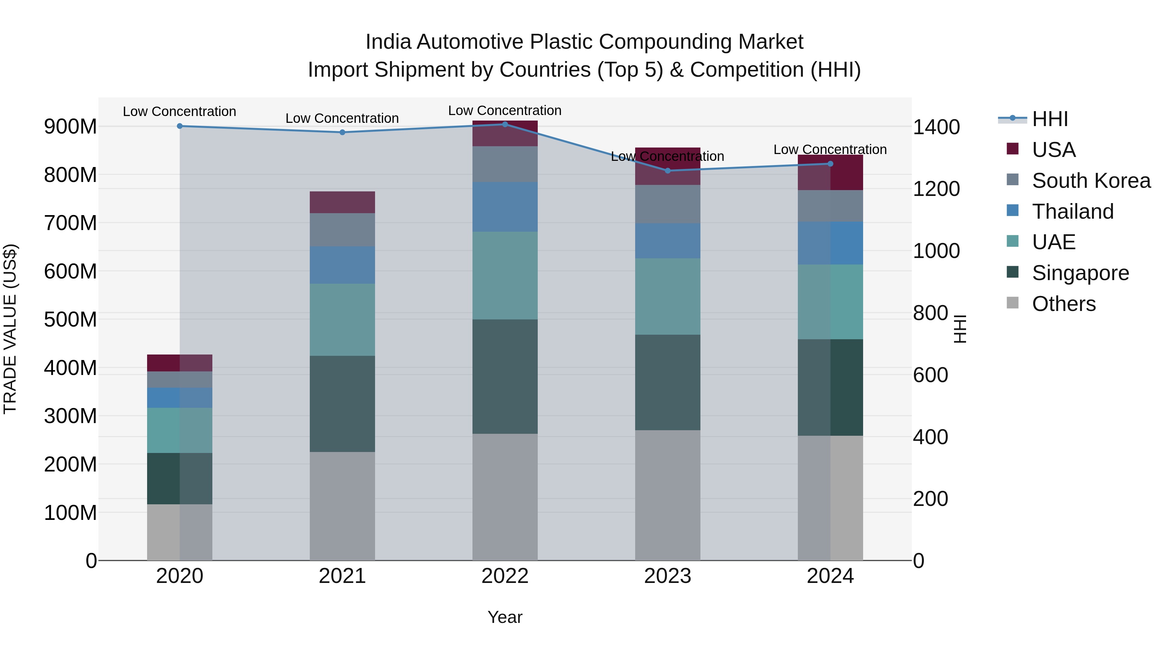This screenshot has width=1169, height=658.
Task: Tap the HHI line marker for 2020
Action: [180, 126]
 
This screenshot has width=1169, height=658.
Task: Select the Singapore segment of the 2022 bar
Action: [505, 377]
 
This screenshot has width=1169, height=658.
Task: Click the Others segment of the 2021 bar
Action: [342, 506]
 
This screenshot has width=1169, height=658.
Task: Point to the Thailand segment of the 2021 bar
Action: [342, 265]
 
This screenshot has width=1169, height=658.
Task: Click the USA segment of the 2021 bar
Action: [342, 202]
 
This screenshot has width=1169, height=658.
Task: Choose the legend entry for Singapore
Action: [1080, 273]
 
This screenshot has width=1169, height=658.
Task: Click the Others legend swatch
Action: [1012, 303]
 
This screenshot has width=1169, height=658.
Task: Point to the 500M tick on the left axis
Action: [70, 320]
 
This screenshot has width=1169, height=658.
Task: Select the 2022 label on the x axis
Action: [505, 576]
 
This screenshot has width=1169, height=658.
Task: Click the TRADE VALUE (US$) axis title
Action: [10, 329]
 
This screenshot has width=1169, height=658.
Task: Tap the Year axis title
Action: [505, 617]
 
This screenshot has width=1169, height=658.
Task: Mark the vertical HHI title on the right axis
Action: [960, 329]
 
